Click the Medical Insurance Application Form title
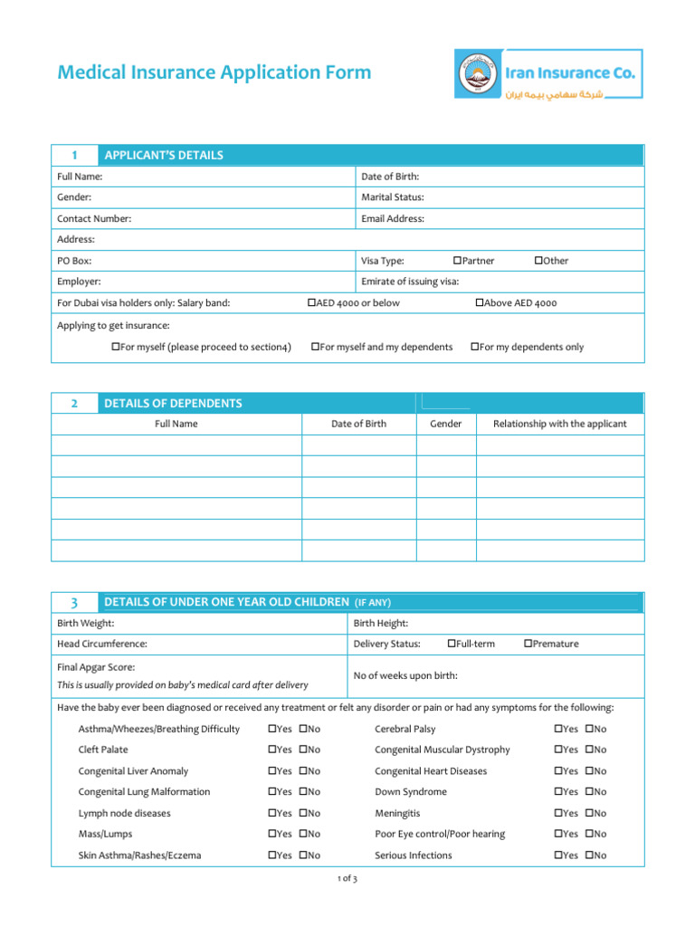214,72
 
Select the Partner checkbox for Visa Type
457,261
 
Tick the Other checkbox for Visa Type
538,261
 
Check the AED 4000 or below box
311,303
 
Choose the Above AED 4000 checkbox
480,303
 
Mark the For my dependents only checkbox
474,347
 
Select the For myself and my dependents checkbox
315,347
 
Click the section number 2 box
73,404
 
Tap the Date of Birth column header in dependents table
358,424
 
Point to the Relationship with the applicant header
559,424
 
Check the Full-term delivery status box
452,644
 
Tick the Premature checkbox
528,644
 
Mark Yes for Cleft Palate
272,750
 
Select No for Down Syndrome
589,792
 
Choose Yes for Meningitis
558,813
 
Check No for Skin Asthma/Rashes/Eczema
303,855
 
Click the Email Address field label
393,218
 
